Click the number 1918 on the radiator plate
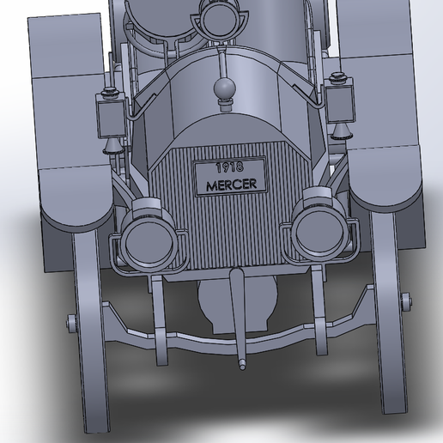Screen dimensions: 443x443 pos(229,167)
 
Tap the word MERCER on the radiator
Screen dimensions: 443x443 pos(232,185)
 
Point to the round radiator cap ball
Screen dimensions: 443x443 pos(225,88)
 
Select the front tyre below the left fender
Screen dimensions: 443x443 pos(91,329)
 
